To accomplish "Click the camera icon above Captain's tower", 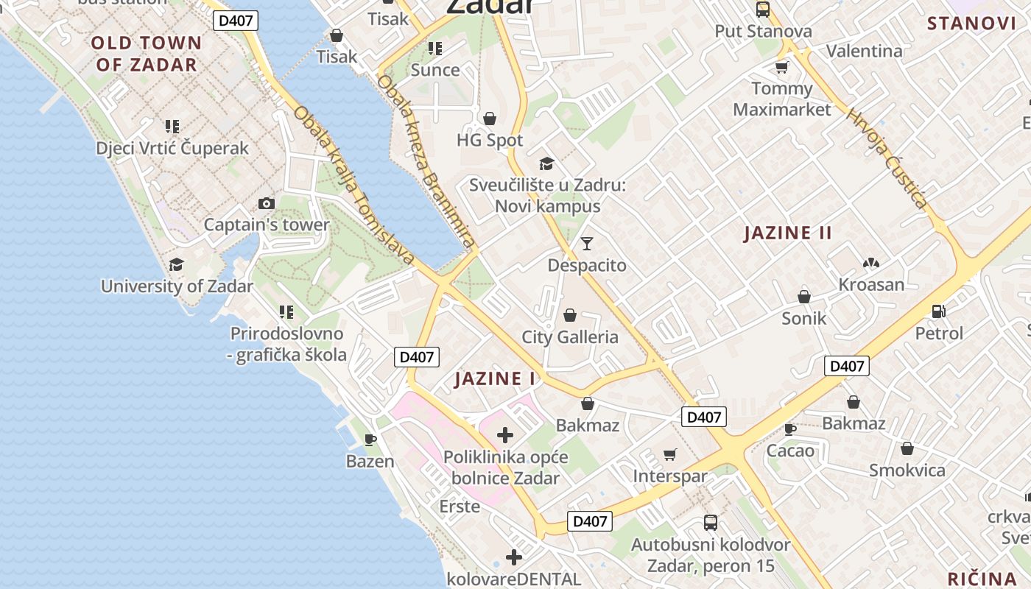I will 267,204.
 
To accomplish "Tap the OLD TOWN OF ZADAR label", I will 147,54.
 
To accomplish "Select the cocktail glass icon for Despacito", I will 587,244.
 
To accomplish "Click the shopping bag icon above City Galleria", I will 569,316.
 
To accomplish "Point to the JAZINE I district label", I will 495,379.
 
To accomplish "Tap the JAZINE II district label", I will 787,233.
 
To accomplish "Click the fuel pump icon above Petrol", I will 938,311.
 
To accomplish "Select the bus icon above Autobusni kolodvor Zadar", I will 711,523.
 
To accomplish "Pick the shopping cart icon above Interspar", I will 669,454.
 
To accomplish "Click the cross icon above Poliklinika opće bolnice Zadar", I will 505,435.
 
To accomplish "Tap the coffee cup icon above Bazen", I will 370,440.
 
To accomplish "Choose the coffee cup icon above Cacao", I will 790,428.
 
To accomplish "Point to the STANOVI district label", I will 971,24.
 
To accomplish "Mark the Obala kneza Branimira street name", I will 426,161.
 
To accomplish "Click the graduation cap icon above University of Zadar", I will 177,264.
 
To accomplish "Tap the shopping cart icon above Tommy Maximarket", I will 781,68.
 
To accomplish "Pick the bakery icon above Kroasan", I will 871,263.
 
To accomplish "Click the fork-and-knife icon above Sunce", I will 435,49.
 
